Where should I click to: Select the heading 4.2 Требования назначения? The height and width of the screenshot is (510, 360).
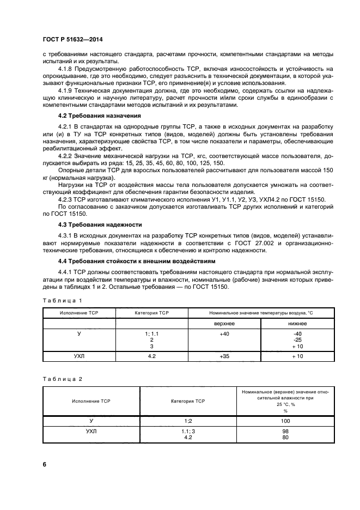(x=92, y=116)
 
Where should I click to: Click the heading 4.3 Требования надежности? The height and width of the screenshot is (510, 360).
(x=92, y=224)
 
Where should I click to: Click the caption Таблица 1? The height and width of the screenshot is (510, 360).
(x=62, y=300)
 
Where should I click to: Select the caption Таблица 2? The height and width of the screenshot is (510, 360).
(x=62, y=378)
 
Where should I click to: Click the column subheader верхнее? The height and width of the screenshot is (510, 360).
(x=224, y=323)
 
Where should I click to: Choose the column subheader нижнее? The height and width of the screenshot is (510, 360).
(x=297, y=323)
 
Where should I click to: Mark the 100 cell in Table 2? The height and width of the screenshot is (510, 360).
(x=285, y=421)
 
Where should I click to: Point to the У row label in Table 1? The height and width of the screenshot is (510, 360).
(x=79, y=333)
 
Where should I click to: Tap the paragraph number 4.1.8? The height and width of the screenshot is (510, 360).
(x=67, y=69)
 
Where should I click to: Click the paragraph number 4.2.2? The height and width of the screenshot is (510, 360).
(x=67, y=157)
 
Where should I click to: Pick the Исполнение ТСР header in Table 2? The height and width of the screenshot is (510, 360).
(x=91, y=400)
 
